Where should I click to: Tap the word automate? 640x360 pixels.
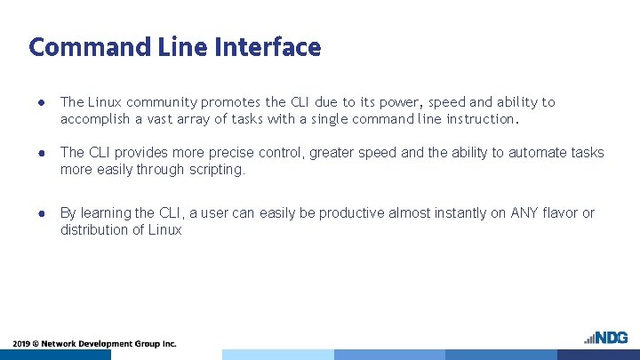tap(531, 153)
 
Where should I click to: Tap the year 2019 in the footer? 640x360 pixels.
tap(21, 343)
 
